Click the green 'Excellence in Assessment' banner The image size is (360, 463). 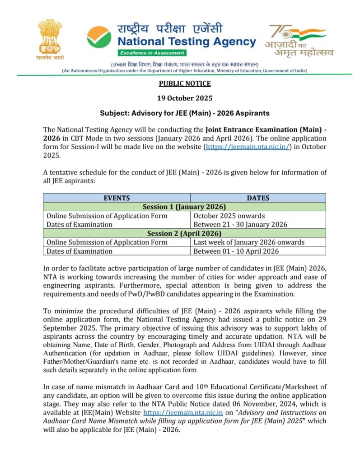pyautogui.click(x=143, y=53)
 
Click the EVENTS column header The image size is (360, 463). pyautogui.click(x=117, y=198)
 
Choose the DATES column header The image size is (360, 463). pyautogui.click(x=258, y=198)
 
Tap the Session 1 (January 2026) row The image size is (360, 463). pyautogui.click(x=184, y=207)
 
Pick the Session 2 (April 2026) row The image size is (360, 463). pyautogui.click(x=184, y=233)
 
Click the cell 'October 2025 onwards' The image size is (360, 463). pyautogui.click(x=229, y=216)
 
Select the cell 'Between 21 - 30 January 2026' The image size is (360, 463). pyautogui.click(x=240, y=224)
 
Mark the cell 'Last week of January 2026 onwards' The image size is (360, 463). pyautogui.click(x=249, y=242)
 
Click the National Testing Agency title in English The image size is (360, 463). pyautogui.click(x=187, y=42)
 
